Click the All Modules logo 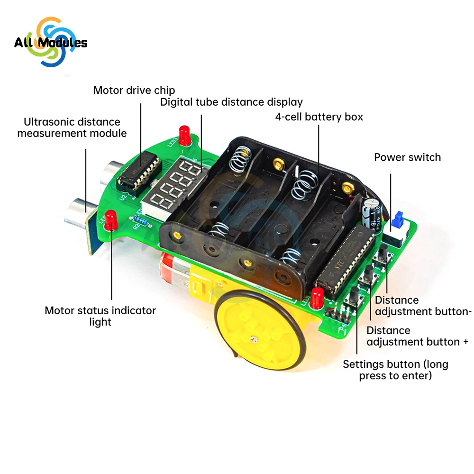(x=51, y=43)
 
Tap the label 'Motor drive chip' (x=134, y=90)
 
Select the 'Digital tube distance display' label (x=231, y=102)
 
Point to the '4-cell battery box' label (x=319, y=117)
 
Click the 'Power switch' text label (x=407, y=157)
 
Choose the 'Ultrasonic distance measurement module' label (x=72, y=128)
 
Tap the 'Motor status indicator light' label (x=100, y=316)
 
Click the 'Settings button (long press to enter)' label (x=395, y=370)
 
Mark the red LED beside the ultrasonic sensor (x=111, y=219)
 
